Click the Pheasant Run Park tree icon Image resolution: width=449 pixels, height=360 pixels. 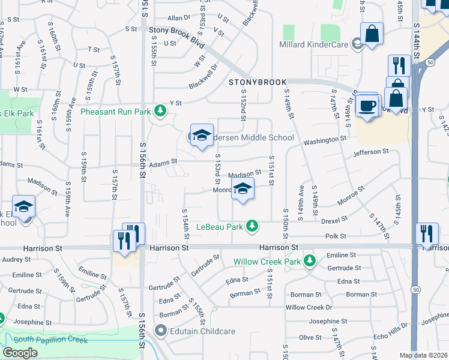tap(160, 110)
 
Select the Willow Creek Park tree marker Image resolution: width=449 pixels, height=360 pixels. tap(310, 261)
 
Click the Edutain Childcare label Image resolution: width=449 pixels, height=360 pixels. tap(200, 331)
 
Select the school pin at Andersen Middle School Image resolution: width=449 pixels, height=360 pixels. tap(202, 134)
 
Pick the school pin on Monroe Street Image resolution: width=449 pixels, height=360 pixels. tap(243, 188)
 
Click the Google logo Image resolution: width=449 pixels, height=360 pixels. tap(20, 353)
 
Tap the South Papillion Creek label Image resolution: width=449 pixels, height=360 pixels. tap(50, 340)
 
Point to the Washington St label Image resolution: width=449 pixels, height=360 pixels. tap(325, 140)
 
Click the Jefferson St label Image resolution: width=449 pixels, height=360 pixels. tap(376, 153)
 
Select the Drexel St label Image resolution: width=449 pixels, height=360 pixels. tap(335, 221)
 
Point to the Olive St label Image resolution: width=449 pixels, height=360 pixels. tap(311, 337)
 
